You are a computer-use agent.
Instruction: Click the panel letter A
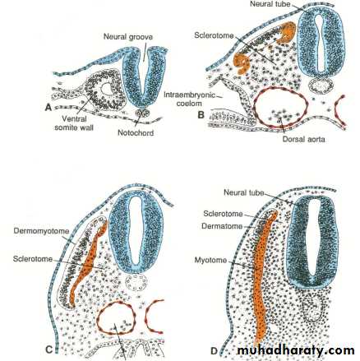pos(48,109)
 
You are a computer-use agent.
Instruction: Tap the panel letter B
pos(201,114)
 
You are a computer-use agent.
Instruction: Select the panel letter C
pos(48,349)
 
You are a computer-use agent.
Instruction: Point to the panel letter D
pos(214,351)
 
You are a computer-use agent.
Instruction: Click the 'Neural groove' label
pos(128,37)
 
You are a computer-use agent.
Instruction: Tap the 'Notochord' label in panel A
pos(136,133)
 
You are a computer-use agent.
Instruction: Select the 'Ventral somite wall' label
pos(74,123)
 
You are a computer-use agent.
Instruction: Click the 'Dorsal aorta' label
pos(304,139)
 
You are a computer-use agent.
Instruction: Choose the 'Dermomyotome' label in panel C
pos(41,231)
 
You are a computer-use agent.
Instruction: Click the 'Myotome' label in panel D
pos(210,260)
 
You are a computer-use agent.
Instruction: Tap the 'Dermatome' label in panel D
pos(222,226)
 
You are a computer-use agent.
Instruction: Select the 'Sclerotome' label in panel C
pos(33,259)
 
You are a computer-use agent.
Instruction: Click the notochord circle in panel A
pos(142,113)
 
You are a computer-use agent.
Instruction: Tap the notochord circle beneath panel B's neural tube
pos(321,86)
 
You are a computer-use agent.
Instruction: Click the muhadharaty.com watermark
pos(296,350)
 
